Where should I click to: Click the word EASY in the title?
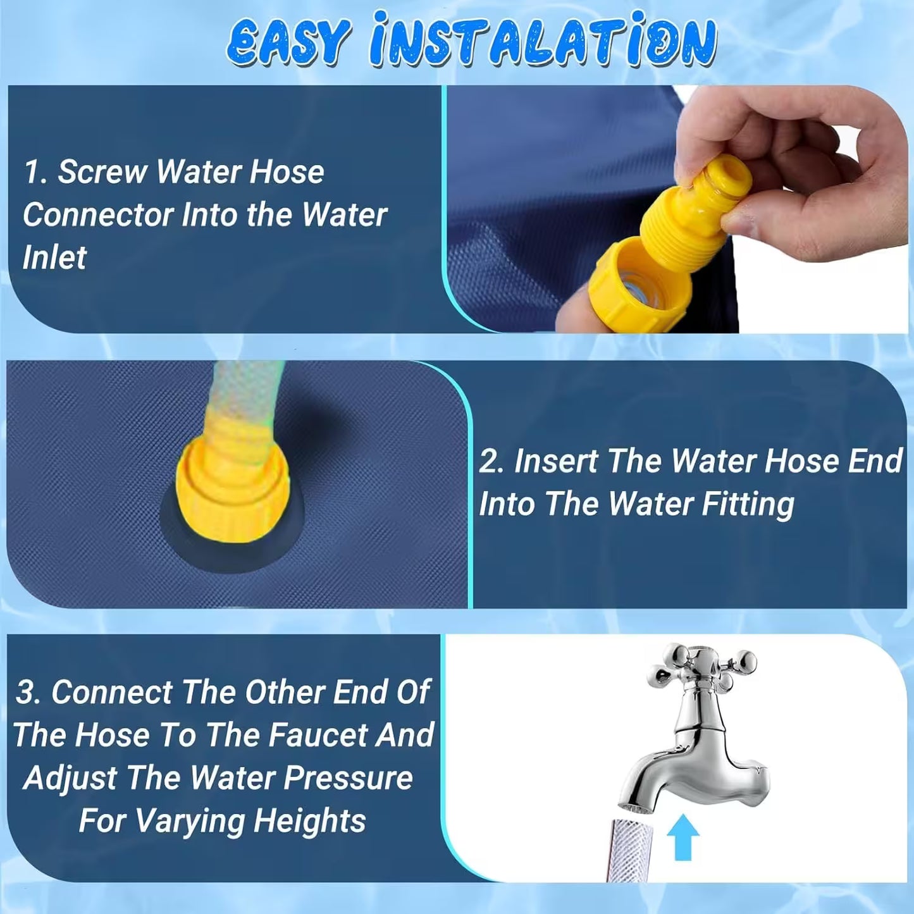coord(288,42)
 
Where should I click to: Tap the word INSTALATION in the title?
coord(543,42)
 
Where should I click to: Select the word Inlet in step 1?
coord(54,258)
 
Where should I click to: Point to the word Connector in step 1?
coord(97,215)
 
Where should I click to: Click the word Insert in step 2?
coord(555,461)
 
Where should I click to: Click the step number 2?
coord(491,461)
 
